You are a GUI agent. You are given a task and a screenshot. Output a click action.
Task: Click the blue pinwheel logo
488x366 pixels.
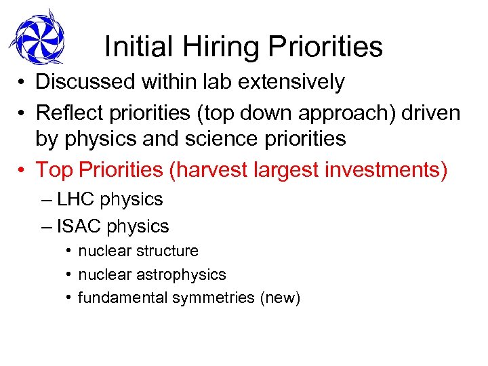(37, 37)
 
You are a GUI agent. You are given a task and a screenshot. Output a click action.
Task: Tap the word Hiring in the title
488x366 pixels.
(213, 47)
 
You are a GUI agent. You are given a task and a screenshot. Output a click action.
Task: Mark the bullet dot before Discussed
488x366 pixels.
(22, 83)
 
